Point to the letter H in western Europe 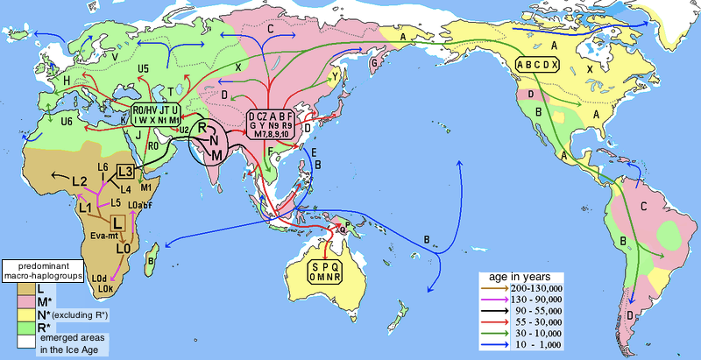pos(42,81)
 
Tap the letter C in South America pos(643,208)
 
